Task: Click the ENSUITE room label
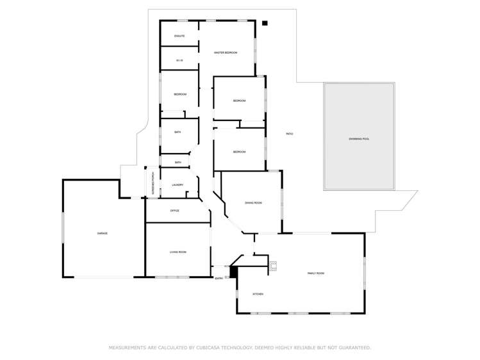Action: pos(179,36)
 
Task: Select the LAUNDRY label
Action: pos(178,185)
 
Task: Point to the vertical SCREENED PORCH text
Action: pos(152,183)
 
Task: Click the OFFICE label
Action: pos(174,211)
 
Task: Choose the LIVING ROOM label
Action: pos(178,252)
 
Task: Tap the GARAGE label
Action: pos(102,233)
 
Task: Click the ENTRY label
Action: pos(219,278)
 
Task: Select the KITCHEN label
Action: pos(258,294)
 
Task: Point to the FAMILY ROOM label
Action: pos(316,274)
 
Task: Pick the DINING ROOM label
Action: pos(253,202)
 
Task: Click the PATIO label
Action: pos(289,133)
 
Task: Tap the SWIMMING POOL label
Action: pos(359,138)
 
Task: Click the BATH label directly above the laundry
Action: pos(178,163)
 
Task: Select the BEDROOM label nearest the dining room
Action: pos(239,152)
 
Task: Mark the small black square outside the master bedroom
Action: pos(265,23)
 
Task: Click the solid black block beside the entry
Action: pos(234,272)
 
